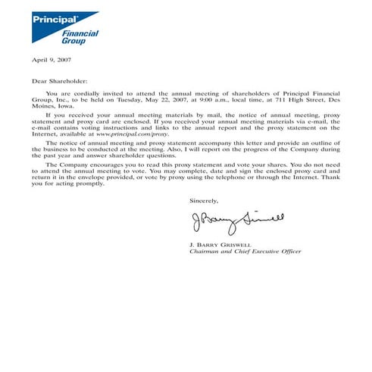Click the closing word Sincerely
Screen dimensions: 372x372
click(204, 201)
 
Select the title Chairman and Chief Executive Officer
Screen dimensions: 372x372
click(245, 252)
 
